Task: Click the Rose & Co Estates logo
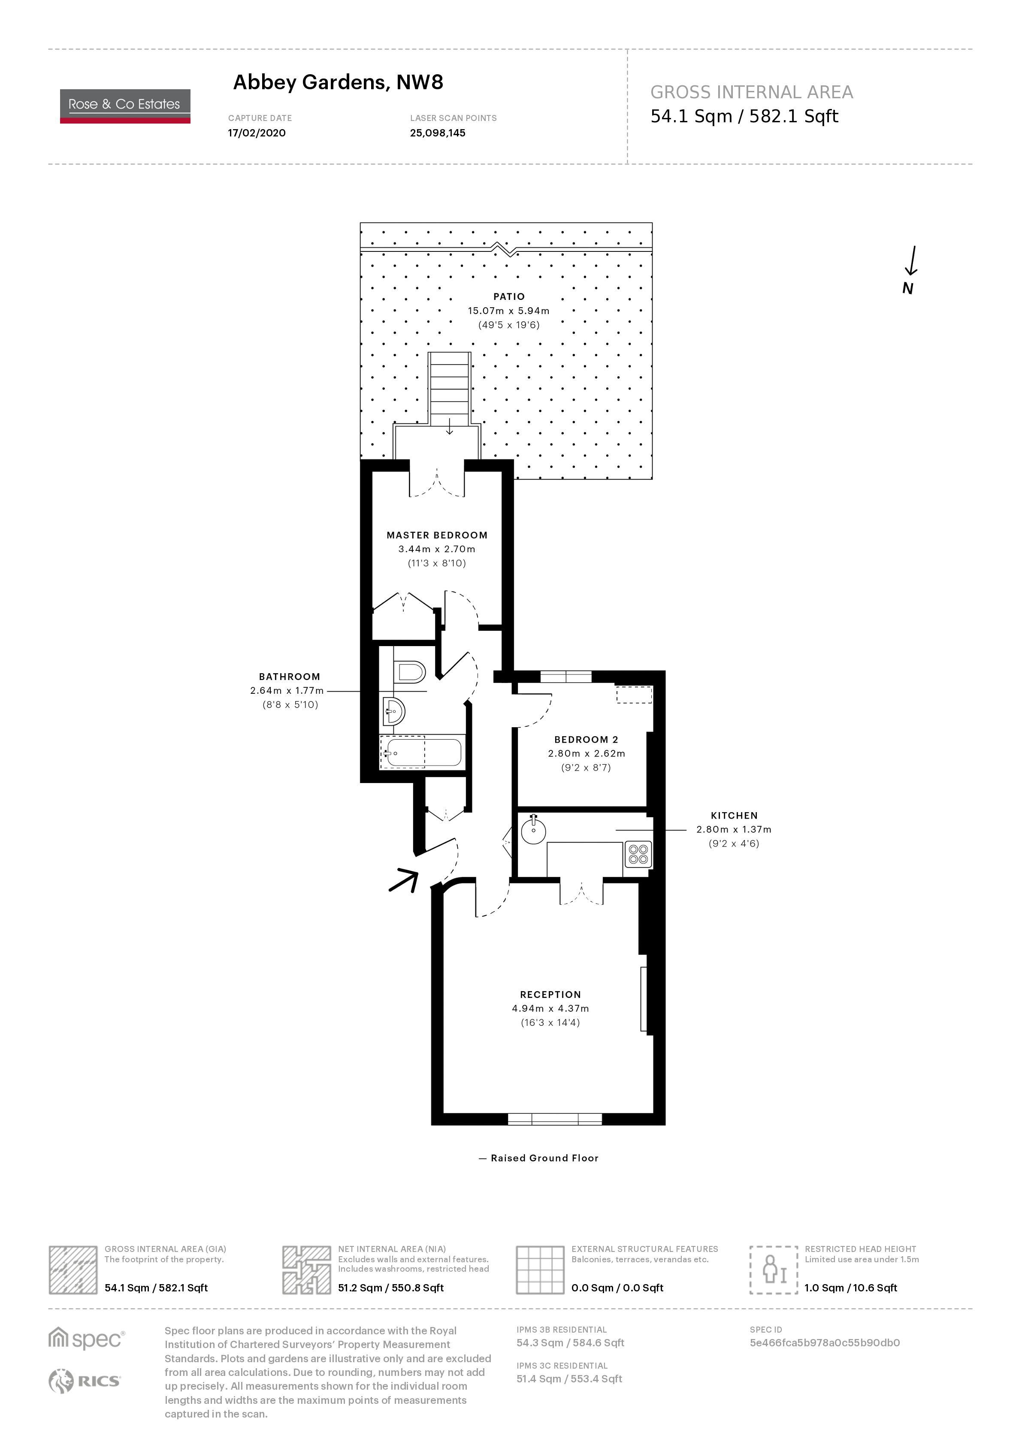125,106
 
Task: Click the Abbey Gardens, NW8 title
338,82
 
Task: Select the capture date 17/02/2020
257,133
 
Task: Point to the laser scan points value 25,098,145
437,133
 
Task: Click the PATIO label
509,296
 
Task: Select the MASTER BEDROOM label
437,535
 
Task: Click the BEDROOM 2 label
586,739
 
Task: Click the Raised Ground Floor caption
544,1158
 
